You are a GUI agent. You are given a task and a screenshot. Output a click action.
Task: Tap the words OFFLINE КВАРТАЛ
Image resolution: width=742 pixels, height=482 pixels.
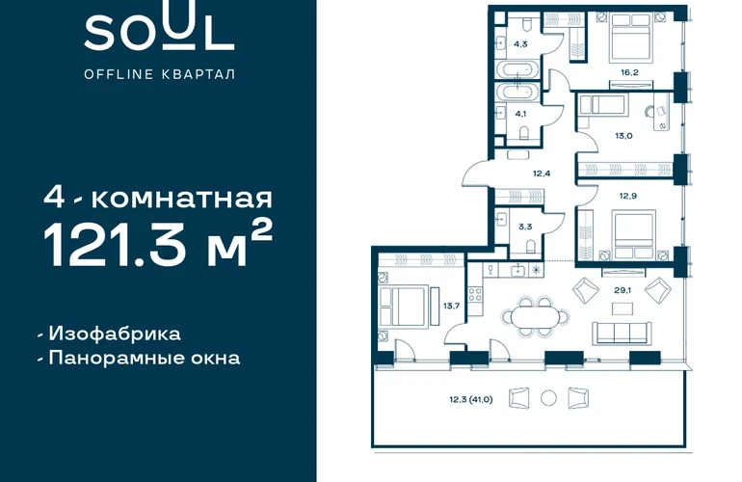tap(159, 74)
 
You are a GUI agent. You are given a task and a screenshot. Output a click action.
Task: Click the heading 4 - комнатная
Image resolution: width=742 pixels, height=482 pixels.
tap(158, 197)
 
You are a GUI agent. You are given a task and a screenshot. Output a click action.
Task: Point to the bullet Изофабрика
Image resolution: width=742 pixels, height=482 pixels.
tap(110, 334)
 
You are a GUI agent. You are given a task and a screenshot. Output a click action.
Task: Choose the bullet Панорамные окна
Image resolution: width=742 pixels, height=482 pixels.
tap(140, 358)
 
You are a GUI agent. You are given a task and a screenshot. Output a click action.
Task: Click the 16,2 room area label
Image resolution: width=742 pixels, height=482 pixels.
tap(629, 72)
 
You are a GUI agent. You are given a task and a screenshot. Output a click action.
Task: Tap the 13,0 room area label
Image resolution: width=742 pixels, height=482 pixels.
tap(623, 136)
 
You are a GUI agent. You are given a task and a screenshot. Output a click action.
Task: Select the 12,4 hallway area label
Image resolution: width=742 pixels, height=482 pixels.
tap(542, 174)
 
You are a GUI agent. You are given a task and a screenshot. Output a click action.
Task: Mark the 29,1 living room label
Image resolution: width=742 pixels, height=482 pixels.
tap(623, 290)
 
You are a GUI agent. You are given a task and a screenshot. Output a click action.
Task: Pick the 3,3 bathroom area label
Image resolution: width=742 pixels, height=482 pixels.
tap(525, 227)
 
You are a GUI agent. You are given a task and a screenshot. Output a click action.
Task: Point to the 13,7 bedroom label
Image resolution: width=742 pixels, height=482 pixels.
tap(451, 306)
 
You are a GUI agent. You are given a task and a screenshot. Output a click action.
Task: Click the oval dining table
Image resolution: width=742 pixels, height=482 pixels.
tap(535, 317)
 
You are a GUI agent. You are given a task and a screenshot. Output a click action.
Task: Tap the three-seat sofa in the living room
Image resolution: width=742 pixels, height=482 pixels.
tap(622, 333)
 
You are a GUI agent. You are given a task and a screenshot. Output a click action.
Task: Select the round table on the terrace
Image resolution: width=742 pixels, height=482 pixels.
tap(548, 398)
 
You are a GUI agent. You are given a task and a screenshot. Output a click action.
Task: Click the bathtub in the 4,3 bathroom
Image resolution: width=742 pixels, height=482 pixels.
tap(517, 69)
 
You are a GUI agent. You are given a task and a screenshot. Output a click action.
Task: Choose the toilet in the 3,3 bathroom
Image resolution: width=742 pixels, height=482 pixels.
tap(530, 247)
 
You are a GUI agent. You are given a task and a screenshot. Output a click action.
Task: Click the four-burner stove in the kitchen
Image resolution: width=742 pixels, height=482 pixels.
tap(475, 295)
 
